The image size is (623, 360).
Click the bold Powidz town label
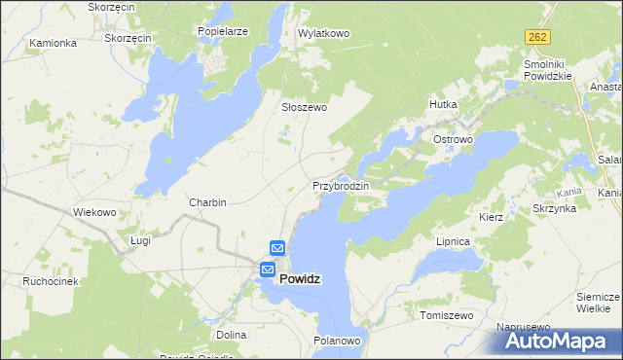tap(301, 278)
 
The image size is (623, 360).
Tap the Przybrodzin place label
tap(341, 185)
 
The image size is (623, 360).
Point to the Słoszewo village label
tap(304, 108)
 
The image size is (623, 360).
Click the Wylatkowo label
tap(323, 33)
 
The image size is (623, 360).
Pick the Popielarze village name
tap(222, 31)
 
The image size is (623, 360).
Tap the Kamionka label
tap(53, 43)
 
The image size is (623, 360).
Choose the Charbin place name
tap(207, 202)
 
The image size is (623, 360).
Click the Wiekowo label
tap(95, 211)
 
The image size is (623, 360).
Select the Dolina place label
tap(232, 334)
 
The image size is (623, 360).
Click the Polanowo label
tap(338, 341)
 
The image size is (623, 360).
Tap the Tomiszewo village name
tap(446, 316)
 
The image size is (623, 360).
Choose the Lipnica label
tap(454, 240)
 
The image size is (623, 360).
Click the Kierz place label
tap(491, 217)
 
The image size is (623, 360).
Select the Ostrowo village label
tap(453, 140)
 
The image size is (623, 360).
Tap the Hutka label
tap(443, 103)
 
